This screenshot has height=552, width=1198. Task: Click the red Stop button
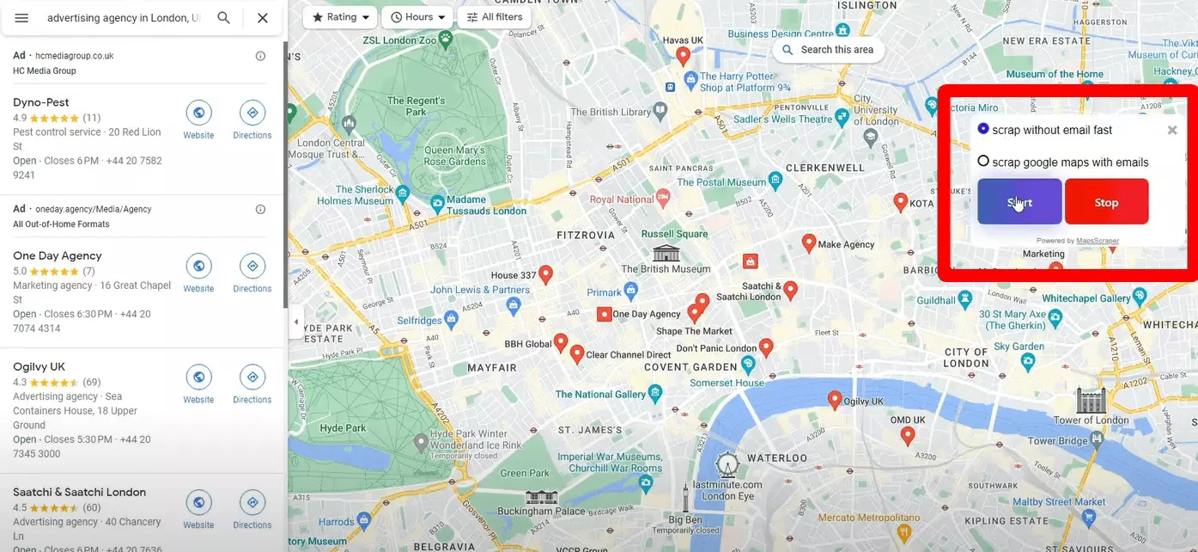pyautogui.click(x=1106, y=202)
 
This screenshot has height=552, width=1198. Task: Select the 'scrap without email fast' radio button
pyautogui.click(x=983, y=129)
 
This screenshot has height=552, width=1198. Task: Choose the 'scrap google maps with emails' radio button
pyautogui.click(x=983, y=161)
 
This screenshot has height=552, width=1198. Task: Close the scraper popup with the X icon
pyautogui.click(x=1171, y=131)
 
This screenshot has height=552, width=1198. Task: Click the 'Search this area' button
pyautogui.click(x=828, y=50)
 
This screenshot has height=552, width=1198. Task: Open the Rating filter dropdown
pyautogui.click(x=341, y=17)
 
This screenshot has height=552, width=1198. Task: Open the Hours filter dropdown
pyautogui.click(x=417, y=17)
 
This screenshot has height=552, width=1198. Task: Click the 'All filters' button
pyautogui.click(x=494, y=17)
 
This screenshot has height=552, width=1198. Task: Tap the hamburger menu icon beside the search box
pyautogui.click(x=21, y=18)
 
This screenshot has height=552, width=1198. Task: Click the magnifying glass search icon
pyautogui.click(x=223, y=18)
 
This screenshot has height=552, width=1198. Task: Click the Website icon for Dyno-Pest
pyautogui.click(x=198, y=113)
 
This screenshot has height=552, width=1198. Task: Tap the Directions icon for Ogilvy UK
pyautogui.click(x=252, y=377)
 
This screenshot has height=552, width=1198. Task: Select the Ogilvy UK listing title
pyautogui.click(x=39, y=366)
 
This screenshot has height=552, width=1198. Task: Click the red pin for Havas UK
pyautogui.click(x=684, y=56)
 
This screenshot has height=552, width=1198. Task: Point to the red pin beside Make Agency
pyautogui.click(x=808, y=243)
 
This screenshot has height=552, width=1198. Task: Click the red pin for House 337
pyautogui.click(x=545, y=274)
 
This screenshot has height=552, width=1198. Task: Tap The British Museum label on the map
pyautogui.click(x=666, y=268)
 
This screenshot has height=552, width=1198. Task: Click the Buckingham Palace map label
pyautogui.click(x=541, y=512)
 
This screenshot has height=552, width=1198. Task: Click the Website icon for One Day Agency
pyautogui.click(x=198, y=267)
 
